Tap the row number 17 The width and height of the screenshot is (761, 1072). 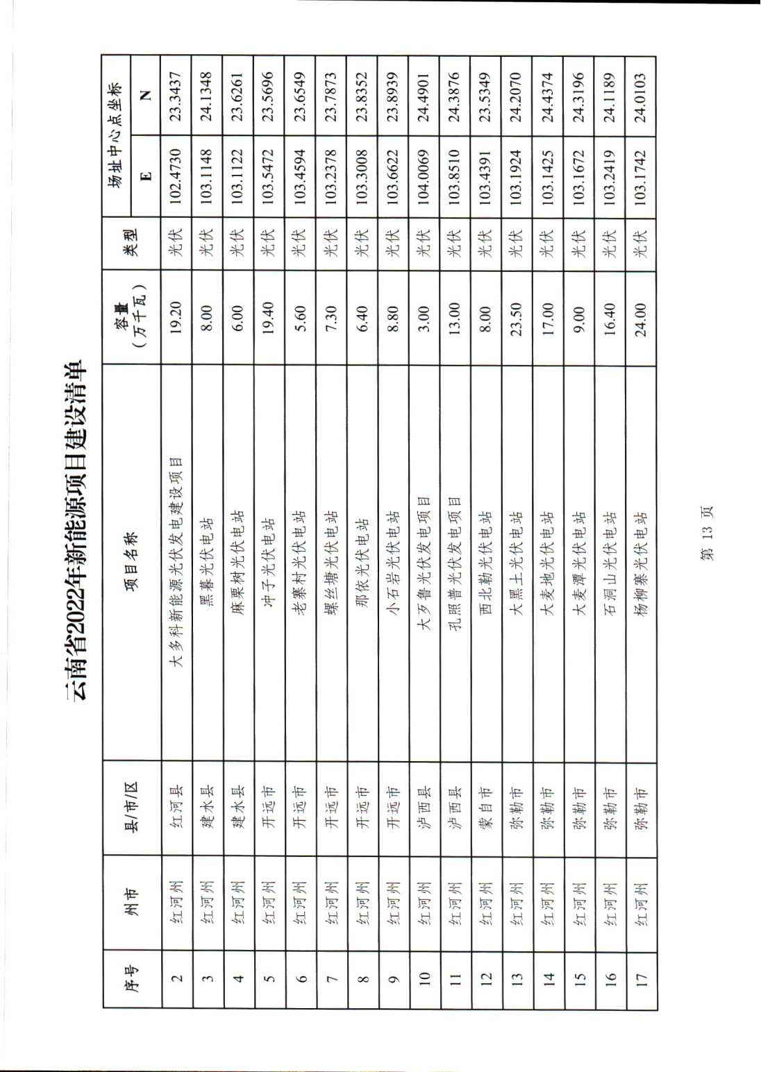[x=640, y=978]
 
